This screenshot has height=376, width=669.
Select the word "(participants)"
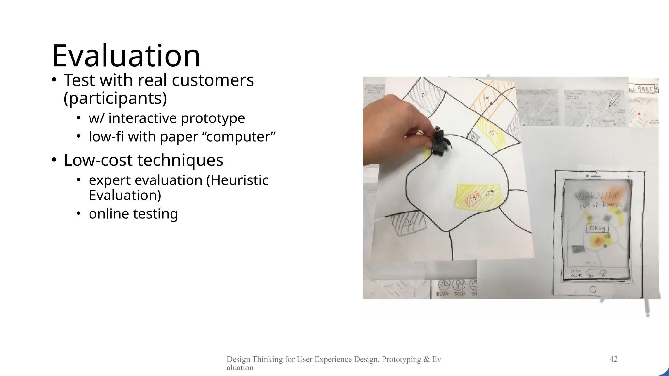115,98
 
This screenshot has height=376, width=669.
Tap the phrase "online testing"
133,214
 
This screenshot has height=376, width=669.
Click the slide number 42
613,359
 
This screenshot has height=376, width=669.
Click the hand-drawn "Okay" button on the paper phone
597,228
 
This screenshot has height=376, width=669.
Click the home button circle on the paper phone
592,290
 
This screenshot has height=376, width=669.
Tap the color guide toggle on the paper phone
596,273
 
